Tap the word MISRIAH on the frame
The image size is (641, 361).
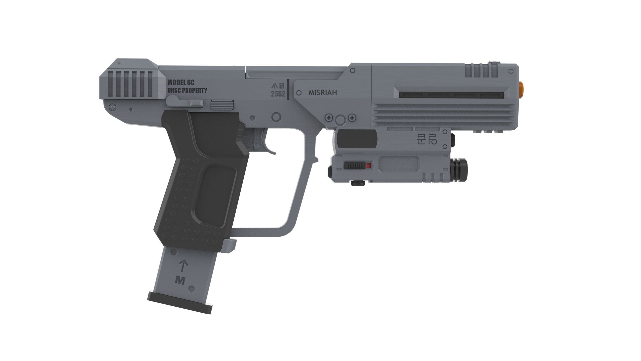pyautogui.click(x=323, y=93)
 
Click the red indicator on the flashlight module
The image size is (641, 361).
pyautogui.click(x=368, y=165)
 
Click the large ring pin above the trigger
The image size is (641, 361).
pyautogui.click(x=276, y=117)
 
